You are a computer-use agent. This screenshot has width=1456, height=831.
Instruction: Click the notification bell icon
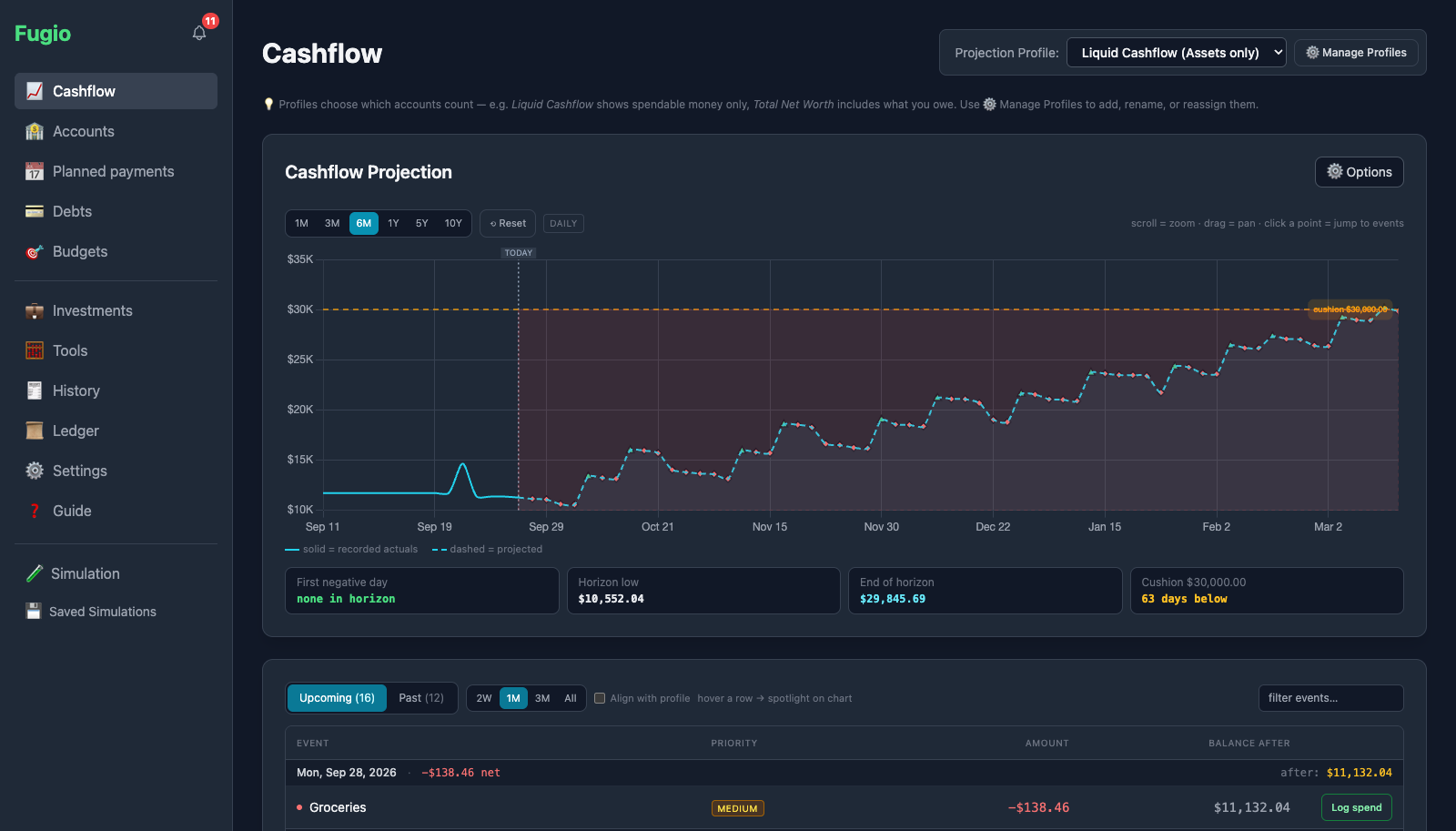199,33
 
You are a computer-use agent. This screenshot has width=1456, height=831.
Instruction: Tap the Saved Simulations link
103,612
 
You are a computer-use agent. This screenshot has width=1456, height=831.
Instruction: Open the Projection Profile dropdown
1176,53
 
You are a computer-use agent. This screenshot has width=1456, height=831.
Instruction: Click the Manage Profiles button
1356,53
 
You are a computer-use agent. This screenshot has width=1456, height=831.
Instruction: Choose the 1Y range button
393,223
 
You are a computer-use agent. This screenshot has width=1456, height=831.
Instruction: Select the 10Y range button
453,223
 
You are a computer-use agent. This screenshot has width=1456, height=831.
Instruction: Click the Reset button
508,223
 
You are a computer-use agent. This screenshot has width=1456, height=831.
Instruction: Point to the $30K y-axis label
300,309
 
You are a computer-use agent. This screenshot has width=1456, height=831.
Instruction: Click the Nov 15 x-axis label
770,527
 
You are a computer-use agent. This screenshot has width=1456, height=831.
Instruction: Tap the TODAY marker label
518,252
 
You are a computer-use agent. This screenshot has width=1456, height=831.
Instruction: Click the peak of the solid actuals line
463,463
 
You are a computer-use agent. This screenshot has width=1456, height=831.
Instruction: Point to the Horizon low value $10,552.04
611,598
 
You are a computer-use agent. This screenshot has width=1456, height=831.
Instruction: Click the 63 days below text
1184,598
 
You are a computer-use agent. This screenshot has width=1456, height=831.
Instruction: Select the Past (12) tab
421,698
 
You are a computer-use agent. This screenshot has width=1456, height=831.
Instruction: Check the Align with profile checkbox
600,698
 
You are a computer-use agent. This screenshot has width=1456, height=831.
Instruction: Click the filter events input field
1330,698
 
